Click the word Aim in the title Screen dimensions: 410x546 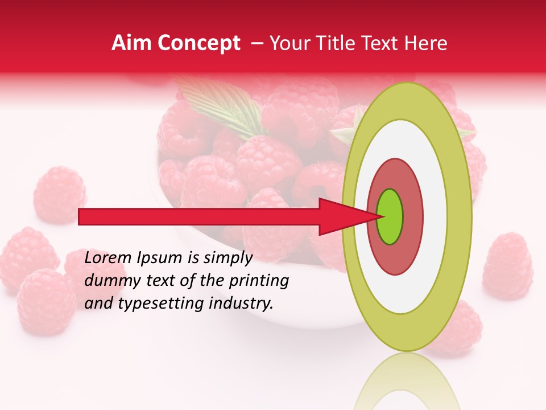[131, 43]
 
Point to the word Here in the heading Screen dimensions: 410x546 [426, 43]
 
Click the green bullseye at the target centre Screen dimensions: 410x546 [390, 216]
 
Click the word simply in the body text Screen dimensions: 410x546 [227, 259]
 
